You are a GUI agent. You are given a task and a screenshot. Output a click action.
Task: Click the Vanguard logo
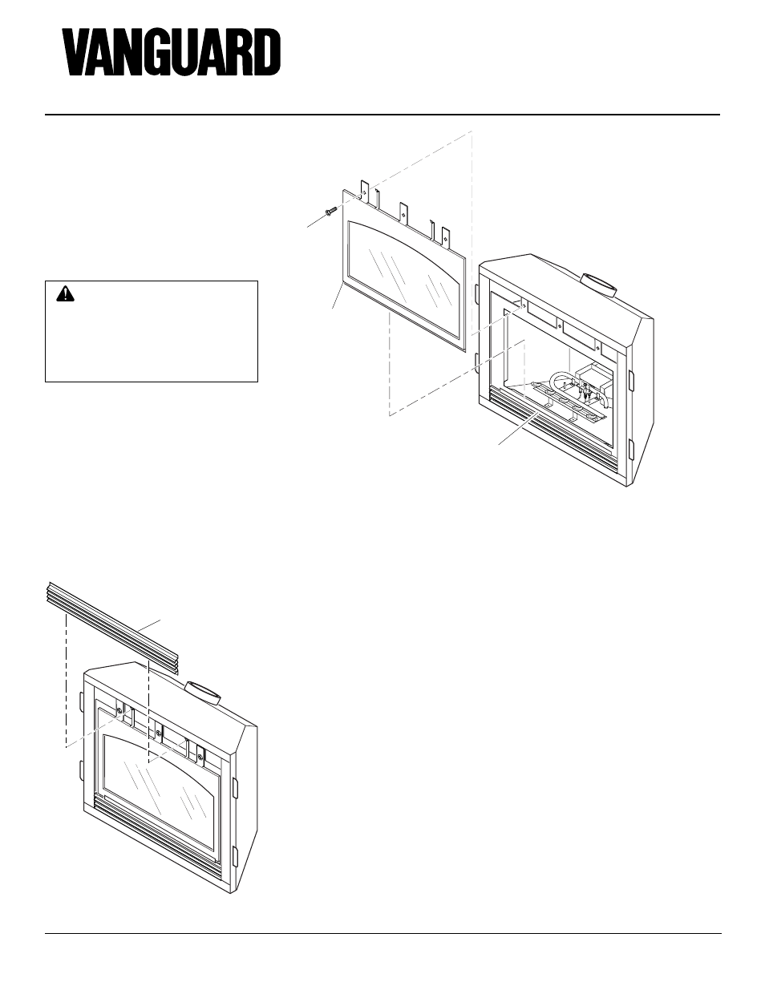click(x=172, y=54)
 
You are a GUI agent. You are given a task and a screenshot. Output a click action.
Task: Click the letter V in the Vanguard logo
click(x=79, y=54)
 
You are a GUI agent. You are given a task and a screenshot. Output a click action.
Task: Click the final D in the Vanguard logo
click(x=266, y=54)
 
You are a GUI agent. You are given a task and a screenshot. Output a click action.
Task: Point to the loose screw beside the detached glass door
click(x=330, y=212)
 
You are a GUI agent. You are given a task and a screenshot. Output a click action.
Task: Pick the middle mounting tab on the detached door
click(x=405, y=210)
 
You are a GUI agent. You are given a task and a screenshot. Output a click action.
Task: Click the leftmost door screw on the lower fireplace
click(x=119, y=709)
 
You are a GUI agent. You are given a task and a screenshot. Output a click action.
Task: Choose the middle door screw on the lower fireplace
click(x=159, y=730)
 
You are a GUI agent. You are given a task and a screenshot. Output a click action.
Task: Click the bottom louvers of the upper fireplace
click(x=553, y=429)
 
